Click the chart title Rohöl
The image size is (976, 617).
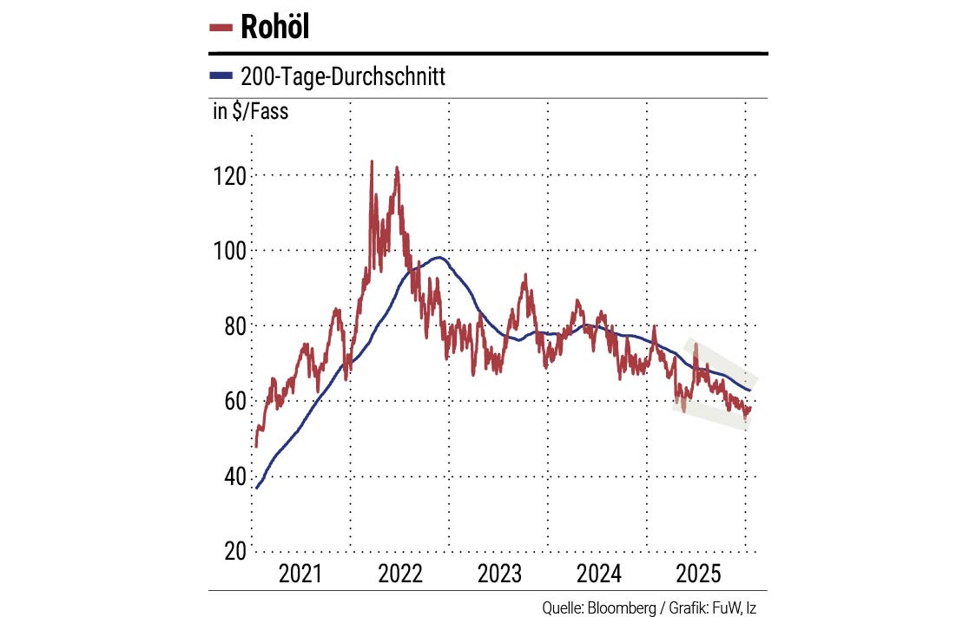274,27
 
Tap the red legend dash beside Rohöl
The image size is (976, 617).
221,28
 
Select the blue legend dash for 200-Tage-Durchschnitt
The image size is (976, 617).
221,76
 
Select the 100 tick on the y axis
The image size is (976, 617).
229,250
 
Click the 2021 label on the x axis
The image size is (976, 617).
300,574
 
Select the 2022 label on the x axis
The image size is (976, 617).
399,574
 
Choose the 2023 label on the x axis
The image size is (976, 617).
498,574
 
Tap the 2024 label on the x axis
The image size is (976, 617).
597,574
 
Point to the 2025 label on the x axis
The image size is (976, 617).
697,574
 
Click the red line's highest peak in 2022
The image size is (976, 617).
372,161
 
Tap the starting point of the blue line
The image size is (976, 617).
256,488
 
